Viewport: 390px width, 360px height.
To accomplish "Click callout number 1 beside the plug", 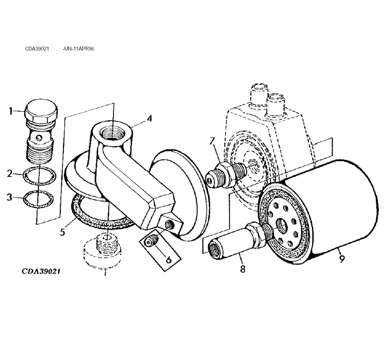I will (11, 111).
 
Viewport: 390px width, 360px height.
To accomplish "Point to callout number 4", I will (149, 119).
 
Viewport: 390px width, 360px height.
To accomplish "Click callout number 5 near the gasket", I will (62, 232).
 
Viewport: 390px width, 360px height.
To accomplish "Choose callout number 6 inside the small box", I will (168, 259).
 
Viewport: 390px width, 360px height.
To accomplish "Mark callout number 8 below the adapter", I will (242, 269).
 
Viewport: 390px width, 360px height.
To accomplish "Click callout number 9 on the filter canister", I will (342, 259).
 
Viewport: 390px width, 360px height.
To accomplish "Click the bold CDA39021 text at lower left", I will (40, 271).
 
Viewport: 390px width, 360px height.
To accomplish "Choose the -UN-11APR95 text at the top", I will (78, 49).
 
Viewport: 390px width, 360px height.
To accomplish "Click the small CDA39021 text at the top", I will (37, 49).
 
